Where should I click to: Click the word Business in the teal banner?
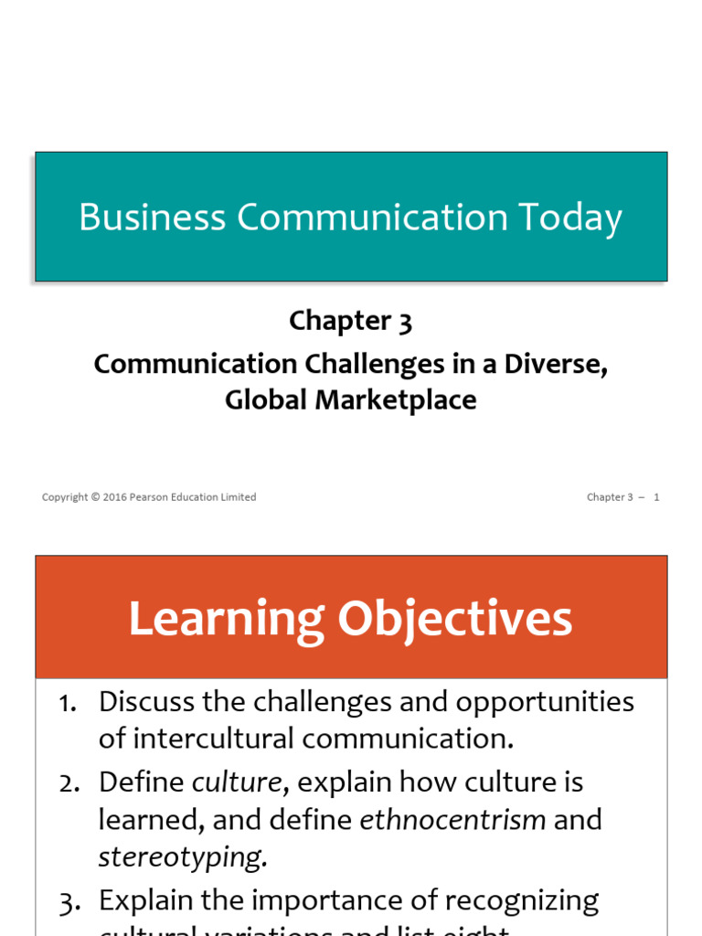pos(152,218)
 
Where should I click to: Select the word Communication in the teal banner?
pos(372,218)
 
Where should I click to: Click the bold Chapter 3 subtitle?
pos(351,321)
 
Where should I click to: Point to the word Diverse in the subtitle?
pos(558,364)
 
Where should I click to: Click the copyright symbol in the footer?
pos(95,497)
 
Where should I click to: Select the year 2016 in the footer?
pos(114,497)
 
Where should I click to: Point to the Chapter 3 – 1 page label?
pos(622,497)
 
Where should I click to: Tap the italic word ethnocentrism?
pos(452,820)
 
